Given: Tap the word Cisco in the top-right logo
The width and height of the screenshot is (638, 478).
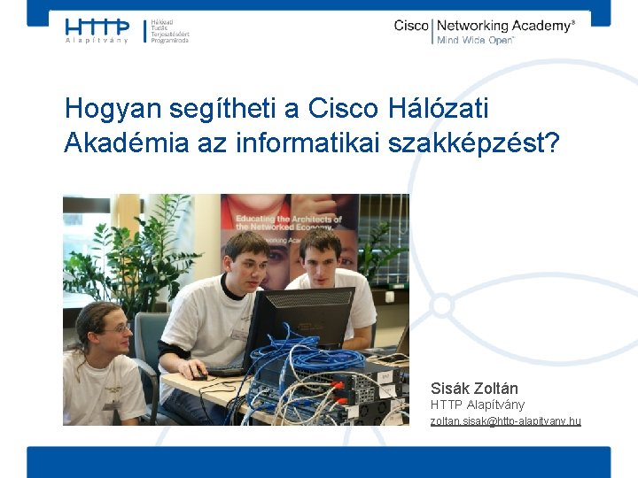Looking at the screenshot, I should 411,26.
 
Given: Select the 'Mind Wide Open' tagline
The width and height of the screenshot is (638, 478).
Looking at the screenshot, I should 475,41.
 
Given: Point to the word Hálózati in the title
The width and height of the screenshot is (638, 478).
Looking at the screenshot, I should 438,109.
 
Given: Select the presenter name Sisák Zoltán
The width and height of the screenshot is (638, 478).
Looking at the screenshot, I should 474,388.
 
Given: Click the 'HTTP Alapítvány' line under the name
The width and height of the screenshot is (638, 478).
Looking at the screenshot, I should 478,405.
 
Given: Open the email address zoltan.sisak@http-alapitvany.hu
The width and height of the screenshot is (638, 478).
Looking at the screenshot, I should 505,420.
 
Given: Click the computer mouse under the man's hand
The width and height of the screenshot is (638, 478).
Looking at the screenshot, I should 201,375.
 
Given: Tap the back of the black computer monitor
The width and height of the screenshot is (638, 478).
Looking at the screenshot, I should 301,319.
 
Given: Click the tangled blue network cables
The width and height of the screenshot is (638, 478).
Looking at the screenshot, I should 301,363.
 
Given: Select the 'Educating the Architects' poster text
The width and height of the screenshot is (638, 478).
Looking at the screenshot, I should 288,222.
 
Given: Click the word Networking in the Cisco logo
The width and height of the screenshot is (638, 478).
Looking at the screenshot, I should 478,26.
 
